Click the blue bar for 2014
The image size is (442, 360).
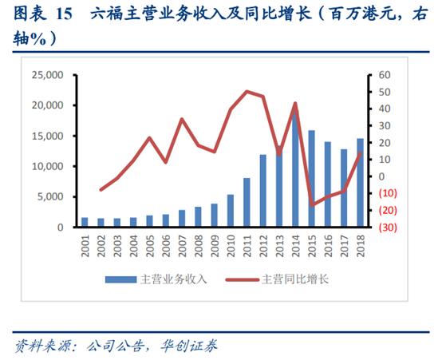[295, 169]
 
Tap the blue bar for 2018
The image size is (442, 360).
[360, 183]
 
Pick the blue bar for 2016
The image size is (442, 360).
[328, 184]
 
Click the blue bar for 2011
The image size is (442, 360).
[247, 203]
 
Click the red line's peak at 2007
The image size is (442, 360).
[182, 119]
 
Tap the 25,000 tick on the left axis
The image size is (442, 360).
[45, 75]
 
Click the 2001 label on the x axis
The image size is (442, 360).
[85, 243]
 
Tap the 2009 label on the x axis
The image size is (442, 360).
[214, 243]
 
